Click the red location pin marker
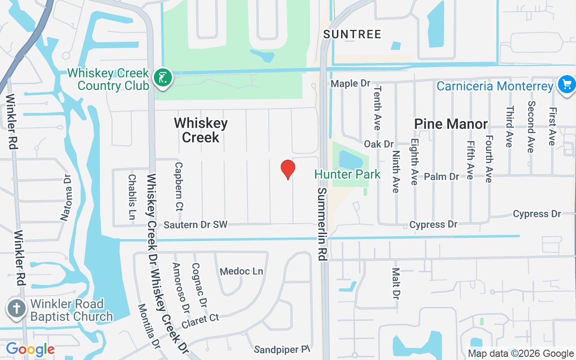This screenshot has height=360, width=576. click(x=288, y=170)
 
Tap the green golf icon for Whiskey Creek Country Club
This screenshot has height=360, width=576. click(x=163, y=77)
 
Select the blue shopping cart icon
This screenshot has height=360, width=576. click(x=566, y=84)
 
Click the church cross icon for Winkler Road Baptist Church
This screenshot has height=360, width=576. click(x=16, y=310)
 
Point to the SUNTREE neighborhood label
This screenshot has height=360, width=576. click(x=352, y=34)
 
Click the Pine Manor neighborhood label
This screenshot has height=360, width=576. click(x=451, y=124)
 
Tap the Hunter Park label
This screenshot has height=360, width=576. click(x=347, y=175)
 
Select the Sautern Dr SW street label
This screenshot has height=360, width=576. click(x=196, y=225)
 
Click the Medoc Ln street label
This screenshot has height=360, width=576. click(x=242, y=271)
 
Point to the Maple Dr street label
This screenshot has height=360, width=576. click(x=351, y=84)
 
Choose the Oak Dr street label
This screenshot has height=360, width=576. click(x=379, y=144)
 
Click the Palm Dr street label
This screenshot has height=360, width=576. click(x=441, y=176)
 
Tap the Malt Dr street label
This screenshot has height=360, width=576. click(x=396, y=284)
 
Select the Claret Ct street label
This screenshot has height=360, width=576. click(x=200, y=321)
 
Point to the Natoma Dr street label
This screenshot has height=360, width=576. click(x=66, y=198)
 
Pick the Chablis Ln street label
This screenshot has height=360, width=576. click(x=132, y=197)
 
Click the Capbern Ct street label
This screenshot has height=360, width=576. click(x=179, y=187)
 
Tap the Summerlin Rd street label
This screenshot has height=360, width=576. click(x=322, y=224)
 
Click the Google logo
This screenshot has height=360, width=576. click(x=30, y=349)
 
